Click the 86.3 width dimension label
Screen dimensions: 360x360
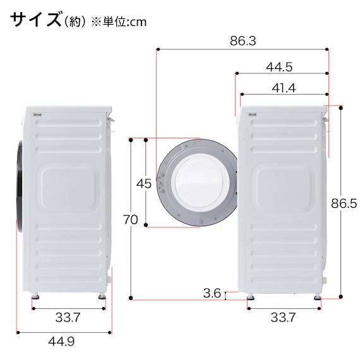pyautogui.click(x=243, y=42)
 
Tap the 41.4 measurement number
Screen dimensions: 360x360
pyautogui.click(x=284, y=88)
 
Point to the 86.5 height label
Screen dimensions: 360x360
pyautogui.click(x=344, y=203)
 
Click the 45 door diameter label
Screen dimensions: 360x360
pyautogui.click(x=144, y=184)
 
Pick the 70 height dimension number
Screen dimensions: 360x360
pyautogui.click(x=131, y=220)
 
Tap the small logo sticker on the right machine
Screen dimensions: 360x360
pyautogui.click(x=253, y=114)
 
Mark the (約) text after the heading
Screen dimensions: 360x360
pyautogui.click(x=75, y=21)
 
